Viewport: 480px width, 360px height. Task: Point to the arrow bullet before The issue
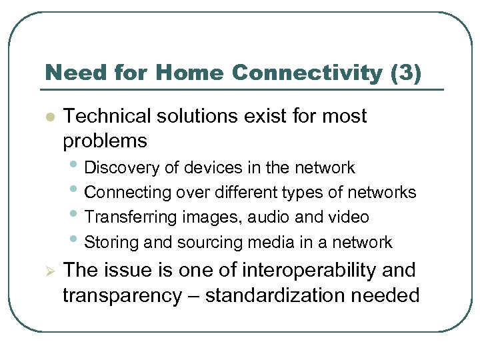click(x=48, y=271)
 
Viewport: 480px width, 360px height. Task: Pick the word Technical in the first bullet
click(x=106, y=116)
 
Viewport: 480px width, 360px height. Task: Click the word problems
click(x=105, y=141)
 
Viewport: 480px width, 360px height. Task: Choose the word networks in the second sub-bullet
click(x=384, y=193)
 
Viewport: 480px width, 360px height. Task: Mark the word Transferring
click(x=130, y=217)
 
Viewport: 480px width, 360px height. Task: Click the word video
click(x=349, y=217)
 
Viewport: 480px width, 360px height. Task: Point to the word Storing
click(x=112, y=242)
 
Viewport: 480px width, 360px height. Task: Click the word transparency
click(x=121, y=295)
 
